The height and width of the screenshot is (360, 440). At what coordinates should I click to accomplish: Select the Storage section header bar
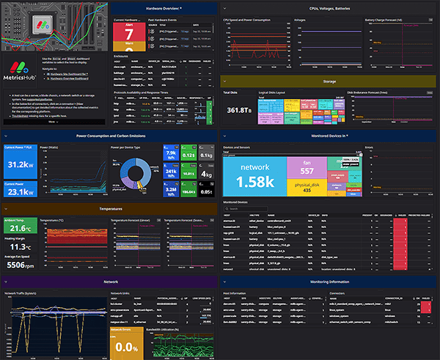pos(329,82)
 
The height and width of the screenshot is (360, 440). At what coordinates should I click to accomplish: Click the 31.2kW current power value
pos(19,164)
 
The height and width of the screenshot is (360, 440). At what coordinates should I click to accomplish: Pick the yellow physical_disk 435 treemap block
pos(306,187)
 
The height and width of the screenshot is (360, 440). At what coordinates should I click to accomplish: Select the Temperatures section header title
pos(110,208)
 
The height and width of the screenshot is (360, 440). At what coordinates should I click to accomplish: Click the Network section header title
pos(110,280)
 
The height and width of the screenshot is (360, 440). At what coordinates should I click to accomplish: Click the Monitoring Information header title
pos(329,280)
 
